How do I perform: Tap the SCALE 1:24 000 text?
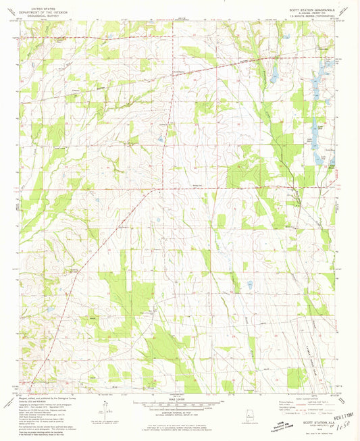point(180,396)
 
